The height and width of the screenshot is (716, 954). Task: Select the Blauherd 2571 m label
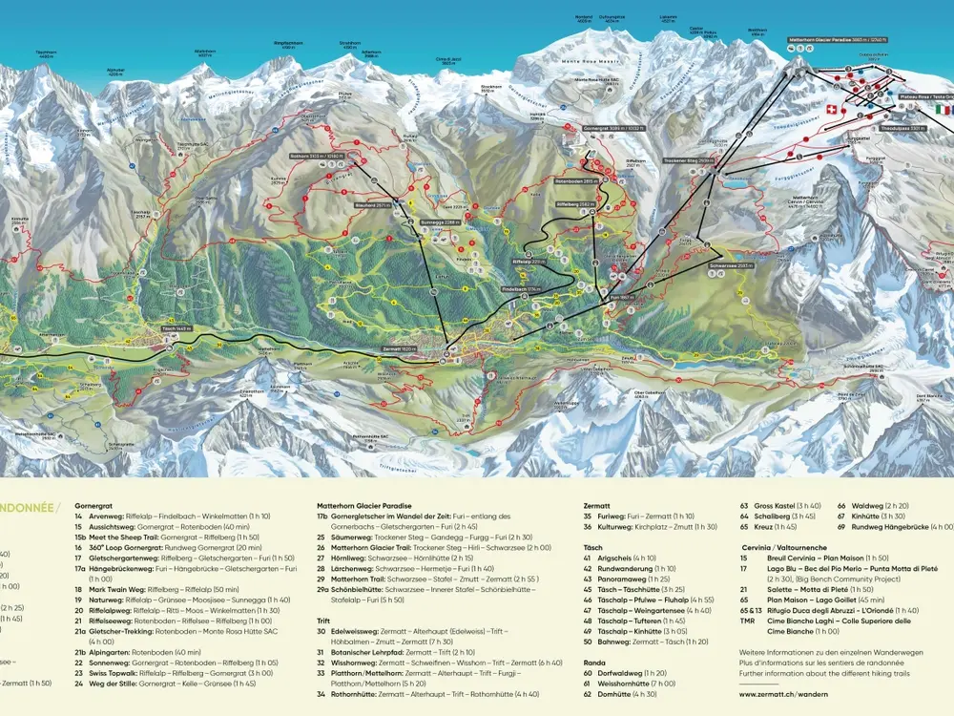click(x=370, y=202)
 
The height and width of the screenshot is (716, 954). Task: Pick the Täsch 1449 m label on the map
click(x=177, y=328)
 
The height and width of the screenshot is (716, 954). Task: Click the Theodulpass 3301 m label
click(x=902, y=128)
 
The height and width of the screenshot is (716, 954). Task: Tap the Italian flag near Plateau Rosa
click(x=943, y=110)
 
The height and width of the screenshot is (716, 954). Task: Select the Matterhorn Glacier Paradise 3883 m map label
click(x=838, y=41)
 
